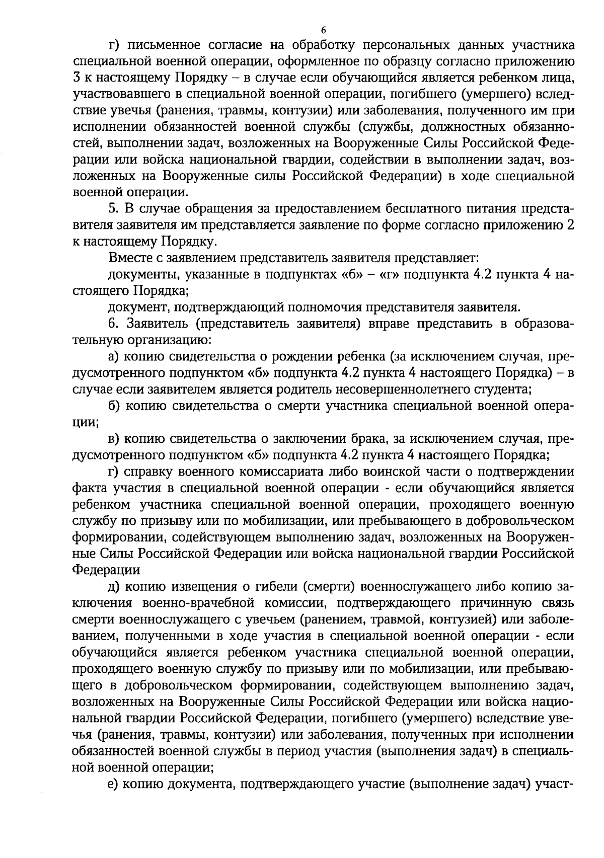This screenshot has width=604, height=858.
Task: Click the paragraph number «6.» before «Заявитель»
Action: pyautogui.click(x=113, y=324)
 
